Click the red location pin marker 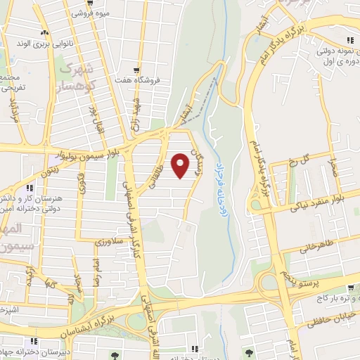pos(181,165)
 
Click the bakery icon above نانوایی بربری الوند pos(44,33)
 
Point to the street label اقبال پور pos(91,120)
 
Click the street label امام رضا pos(98,266)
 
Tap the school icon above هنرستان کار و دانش pos(30,188)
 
